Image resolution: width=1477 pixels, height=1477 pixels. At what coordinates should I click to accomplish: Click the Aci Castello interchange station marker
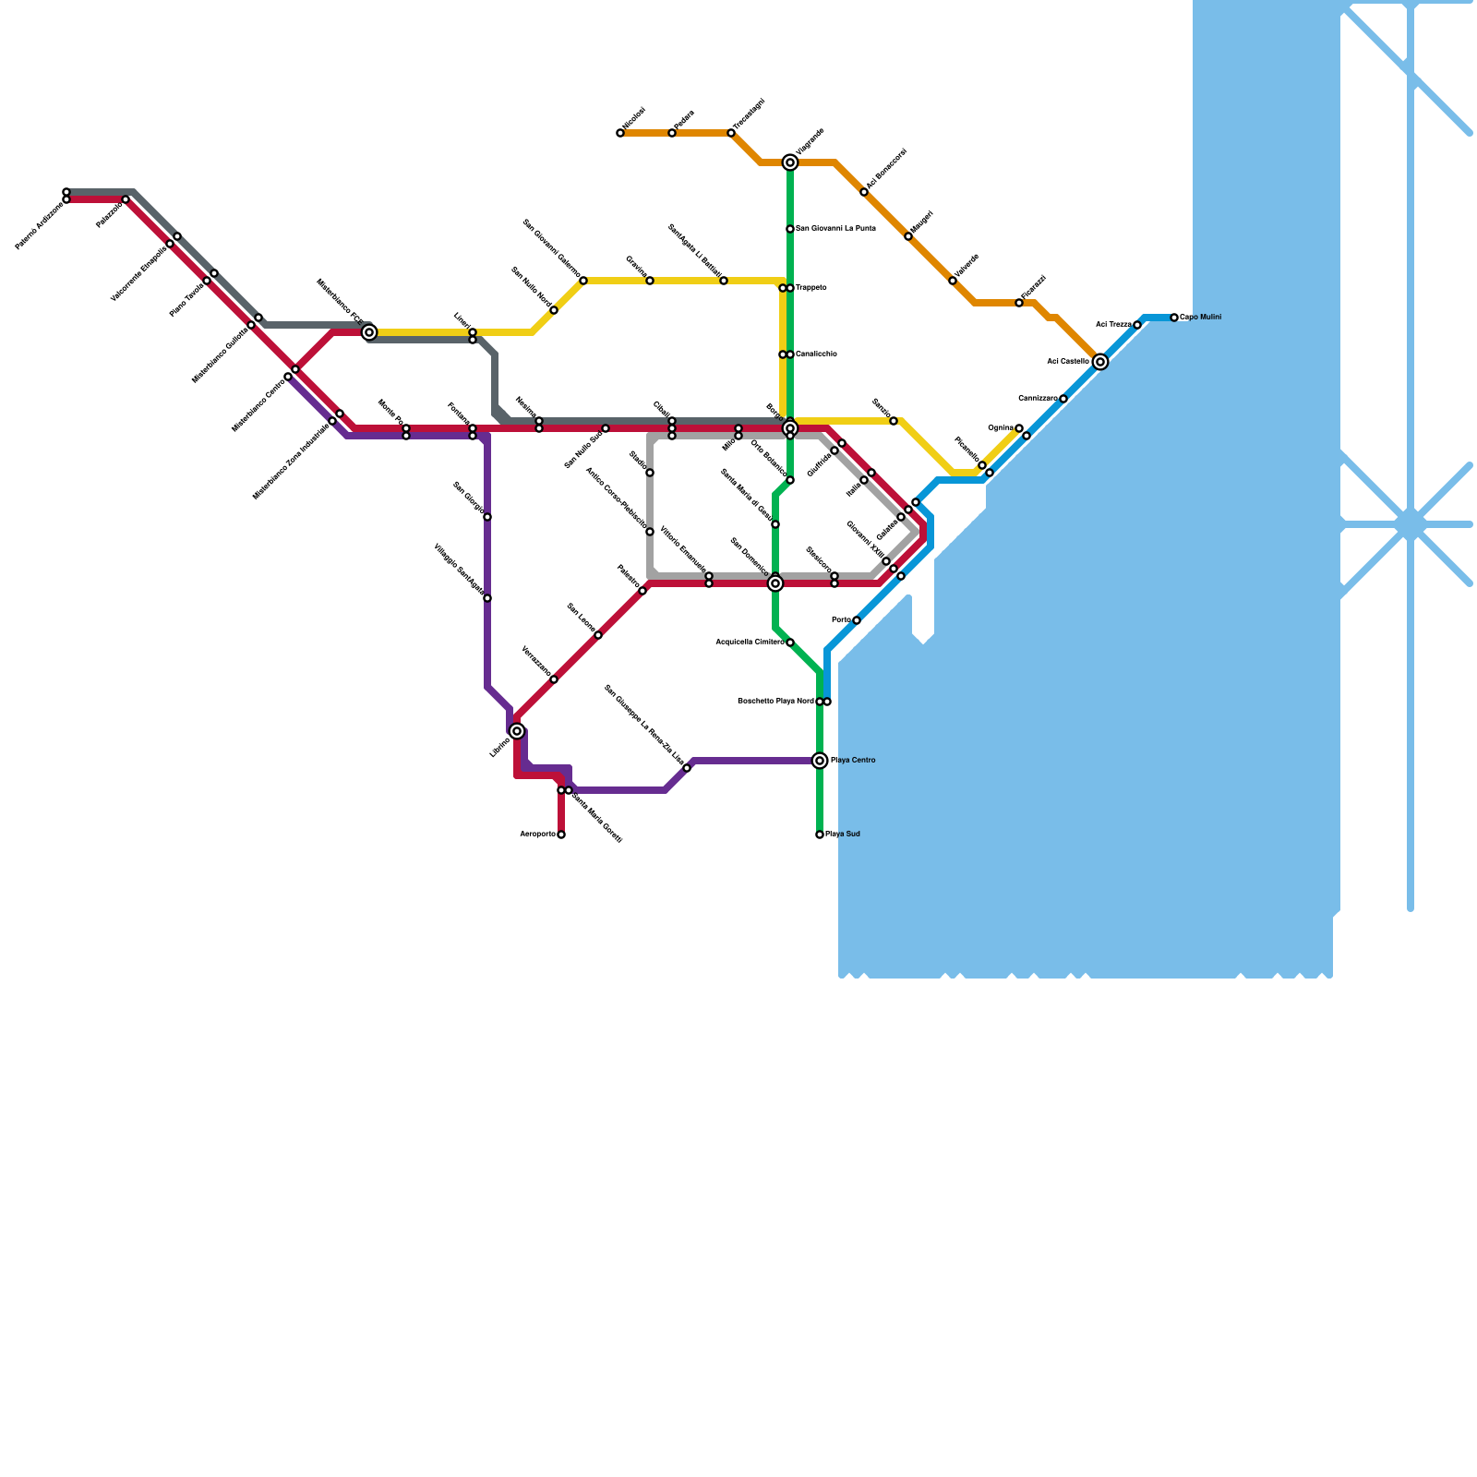pos(1099,362)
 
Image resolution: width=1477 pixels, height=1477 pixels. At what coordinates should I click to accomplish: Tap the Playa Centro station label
pos(852,761)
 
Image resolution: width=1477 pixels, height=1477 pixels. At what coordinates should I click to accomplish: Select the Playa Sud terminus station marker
pos(820,835)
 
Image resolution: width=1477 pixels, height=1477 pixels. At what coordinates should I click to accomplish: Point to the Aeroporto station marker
pos(561,835)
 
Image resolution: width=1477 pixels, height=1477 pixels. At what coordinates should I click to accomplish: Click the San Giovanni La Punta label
pos(835,228)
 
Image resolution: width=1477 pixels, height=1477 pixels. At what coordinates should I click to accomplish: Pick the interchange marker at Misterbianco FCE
pos(369,332)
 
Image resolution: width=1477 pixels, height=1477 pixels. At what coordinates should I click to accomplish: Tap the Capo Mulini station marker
pos(1174,318)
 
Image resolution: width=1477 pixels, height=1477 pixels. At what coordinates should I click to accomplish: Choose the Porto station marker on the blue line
pos(857,620)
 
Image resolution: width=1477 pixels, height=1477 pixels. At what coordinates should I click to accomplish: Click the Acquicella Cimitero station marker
pos(790,642)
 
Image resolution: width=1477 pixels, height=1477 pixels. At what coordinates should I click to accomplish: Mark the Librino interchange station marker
pos(517,731)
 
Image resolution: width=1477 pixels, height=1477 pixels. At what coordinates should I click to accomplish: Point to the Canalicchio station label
pos(816,354)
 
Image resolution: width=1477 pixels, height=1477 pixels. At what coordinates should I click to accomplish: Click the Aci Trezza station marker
pos(1137,325)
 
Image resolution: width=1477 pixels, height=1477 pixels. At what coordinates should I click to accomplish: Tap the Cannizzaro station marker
pos(1063,399)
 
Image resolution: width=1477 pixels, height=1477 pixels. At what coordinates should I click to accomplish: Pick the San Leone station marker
pos(598,635)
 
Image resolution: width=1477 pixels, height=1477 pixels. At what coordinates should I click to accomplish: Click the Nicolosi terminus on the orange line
pos(620,133)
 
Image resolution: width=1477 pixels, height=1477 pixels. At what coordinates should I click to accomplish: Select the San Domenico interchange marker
pos(775,583)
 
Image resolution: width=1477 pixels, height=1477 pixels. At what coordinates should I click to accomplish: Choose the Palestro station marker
pos(642,591)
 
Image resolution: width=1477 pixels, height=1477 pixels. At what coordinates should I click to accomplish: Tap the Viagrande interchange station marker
pos(790,162)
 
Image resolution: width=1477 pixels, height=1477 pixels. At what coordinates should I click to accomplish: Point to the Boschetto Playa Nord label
pos(775,702)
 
